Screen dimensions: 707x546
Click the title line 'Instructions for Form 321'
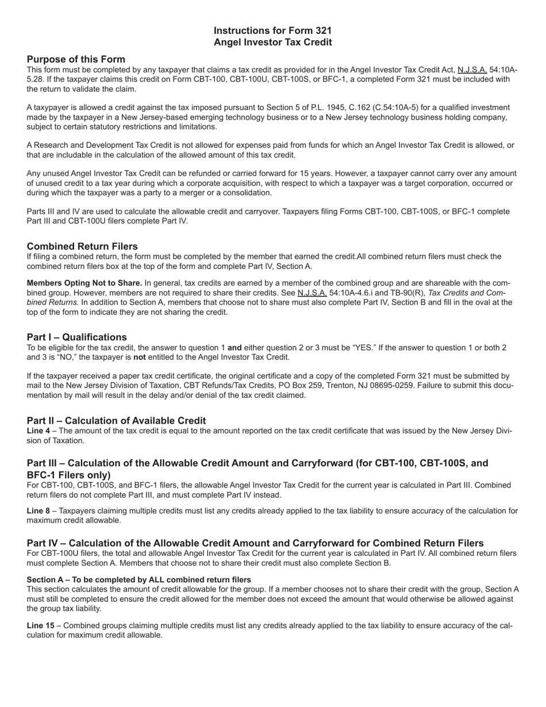[272, 30]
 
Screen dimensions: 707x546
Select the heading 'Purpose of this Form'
[76, 59]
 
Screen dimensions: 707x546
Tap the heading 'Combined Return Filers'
[82, 246]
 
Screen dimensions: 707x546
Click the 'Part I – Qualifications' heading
[76, 337]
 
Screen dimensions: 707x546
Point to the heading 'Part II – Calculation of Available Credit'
[116, 420]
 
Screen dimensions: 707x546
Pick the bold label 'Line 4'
[38, 431]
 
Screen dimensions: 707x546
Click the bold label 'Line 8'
[38, 510]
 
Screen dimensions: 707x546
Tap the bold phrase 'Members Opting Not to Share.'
[84, 283]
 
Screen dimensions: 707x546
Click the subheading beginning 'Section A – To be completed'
[139, 579]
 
